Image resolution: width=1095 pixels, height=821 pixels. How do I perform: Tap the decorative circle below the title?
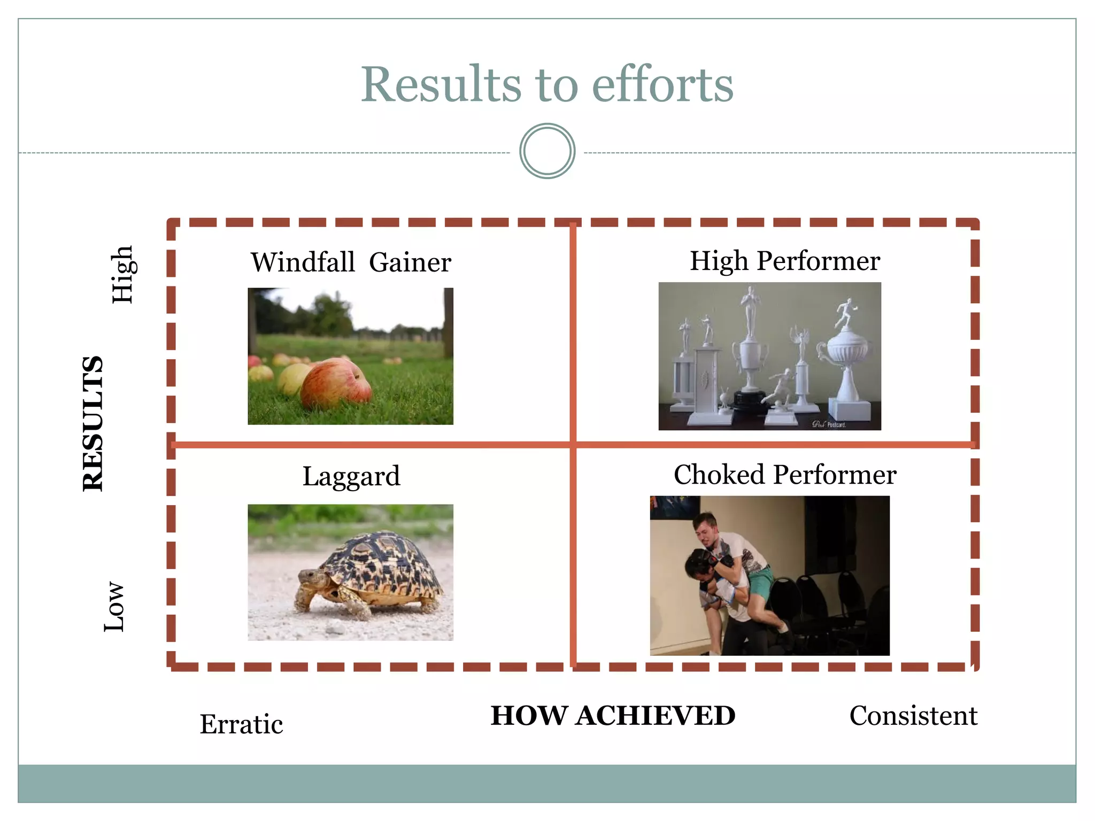click(x=547, y=151)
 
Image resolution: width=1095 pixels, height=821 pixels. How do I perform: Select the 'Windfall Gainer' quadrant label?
click(x=351, y=262)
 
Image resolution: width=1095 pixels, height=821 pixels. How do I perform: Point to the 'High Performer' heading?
click(x=784, y=261)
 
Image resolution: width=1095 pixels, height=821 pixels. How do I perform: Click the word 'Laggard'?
click(x=351, y=476)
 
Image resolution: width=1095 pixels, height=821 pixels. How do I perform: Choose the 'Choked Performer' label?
click(x=784, y=475)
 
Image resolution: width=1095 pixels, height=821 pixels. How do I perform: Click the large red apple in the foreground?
click(x=336, y=383)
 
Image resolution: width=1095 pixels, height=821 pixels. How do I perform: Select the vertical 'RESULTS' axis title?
click(x=93, y=423)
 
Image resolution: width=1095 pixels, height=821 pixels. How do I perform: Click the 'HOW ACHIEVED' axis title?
click(x=613, y=716)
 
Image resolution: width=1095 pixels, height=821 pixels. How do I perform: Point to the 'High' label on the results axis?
click(x=122, y=275)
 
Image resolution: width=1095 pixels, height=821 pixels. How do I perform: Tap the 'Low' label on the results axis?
click(x=114, y=607)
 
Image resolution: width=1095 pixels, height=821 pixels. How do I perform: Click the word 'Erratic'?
click(x=241, y=724)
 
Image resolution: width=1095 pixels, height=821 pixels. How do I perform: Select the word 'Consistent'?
click(x=913, y=716)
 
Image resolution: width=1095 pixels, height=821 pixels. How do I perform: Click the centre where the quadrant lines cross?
click(x=573, y=444)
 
